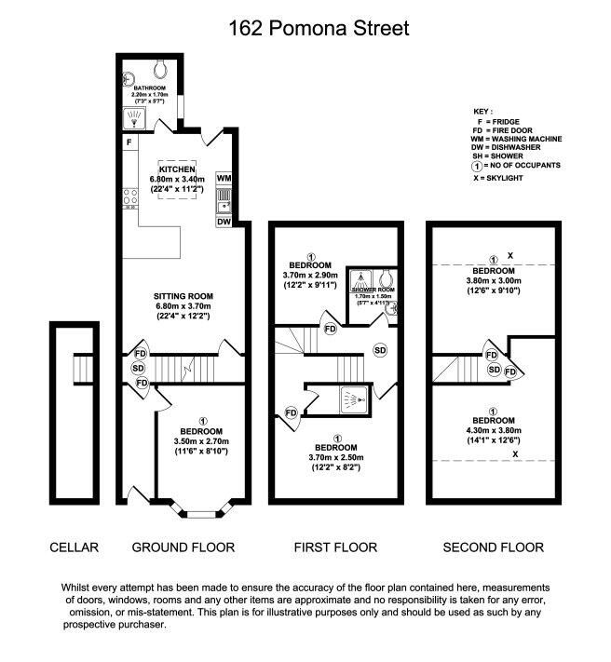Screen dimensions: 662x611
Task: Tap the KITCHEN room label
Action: pos(177,168)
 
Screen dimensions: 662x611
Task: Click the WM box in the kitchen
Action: pos(224,177)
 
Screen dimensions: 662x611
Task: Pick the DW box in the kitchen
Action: pos(224,222)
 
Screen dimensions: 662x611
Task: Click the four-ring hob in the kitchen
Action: pos(129,196)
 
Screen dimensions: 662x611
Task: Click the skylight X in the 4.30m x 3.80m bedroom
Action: pos(514,453)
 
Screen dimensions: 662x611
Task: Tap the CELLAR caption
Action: pos(74,547)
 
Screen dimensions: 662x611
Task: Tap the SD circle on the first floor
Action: pos(380,349)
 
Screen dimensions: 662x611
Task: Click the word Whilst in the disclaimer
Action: pos(78,588)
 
